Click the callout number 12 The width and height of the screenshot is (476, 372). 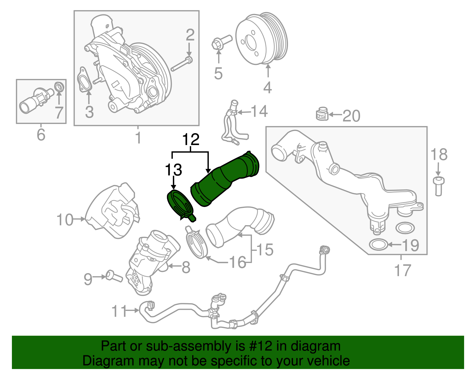(191, 139)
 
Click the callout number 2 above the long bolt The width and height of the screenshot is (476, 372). (190, 35)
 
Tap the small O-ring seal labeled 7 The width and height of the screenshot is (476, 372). (59, 87)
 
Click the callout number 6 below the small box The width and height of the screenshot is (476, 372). (41, 134)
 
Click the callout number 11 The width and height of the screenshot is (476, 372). (119, 311)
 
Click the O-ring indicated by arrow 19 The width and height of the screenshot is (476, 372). (378, 245)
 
